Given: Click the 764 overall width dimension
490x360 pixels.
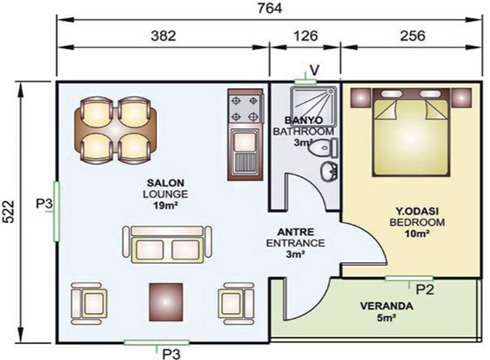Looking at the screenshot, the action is click(269, 8).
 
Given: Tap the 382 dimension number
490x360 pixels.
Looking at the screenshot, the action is click(163, 36).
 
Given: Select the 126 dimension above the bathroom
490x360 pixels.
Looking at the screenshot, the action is click(305, 36).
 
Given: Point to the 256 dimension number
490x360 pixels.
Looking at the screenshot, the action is click(413, 36).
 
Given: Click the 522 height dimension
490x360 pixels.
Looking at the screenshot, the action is click(8, 211).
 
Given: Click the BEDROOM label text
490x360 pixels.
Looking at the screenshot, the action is click(416, 222).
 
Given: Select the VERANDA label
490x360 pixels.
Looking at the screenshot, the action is click(387, 306).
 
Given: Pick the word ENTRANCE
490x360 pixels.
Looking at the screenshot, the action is click(296, 243).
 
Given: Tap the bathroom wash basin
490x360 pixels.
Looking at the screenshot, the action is click(329, 172).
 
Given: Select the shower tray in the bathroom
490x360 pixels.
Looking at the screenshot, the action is click(313, 106).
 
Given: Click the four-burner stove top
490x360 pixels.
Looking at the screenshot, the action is click(244, 109).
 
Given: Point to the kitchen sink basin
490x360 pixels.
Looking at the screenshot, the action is click(245, 142).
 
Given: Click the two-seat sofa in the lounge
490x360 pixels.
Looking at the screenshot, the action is click(167, 244).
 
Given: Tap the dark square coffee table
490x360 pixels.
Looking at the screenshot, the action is click(166, 300).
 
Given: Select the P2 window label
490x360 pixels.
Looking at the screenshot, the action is click(425, 290).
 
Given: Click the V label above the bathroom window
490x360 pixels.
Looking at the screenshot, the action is click(315, 70).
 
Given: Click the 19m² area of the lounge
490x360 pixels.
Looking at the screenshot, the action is click(165, 205).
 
